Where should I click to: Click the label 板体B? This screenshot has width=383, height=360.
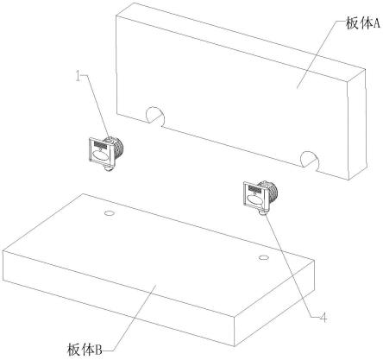click(85, 350)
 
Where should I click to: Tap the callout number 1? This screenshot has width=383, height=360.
click(78, 76)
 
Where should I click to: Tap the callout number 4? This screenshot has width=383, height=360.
click(323, 318)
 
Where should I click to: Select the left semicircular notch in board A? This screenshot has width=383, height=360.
click(155, 117)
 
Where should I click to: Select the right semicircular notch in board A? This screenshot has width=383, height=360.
click(310, 161)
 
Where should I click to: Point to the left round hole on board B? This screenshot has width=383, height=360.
click(110, 213)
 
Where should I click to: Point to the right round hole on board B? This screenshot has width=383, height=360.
click(264, 257)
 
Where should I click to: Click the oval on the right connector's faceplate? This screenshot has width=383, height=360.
click(254, 199)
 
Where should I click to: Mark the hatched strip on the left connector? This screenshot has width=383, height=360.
click(100, 144)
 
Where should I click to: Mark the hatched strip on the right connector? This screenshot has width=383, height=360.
click(255, 189)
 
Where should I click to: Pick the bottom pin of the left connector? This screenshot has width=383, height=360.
click(109, 168)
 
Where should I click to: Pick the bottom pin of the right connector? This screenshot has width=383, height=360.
click(263, 213)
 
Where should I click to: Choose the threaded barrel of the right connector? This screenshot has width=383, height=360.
click(273, 190)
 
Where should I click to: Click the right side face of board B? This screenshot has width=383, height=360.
click(275, 302)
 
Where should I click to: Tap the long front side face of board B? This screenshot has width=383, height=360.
click(119, 296)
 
